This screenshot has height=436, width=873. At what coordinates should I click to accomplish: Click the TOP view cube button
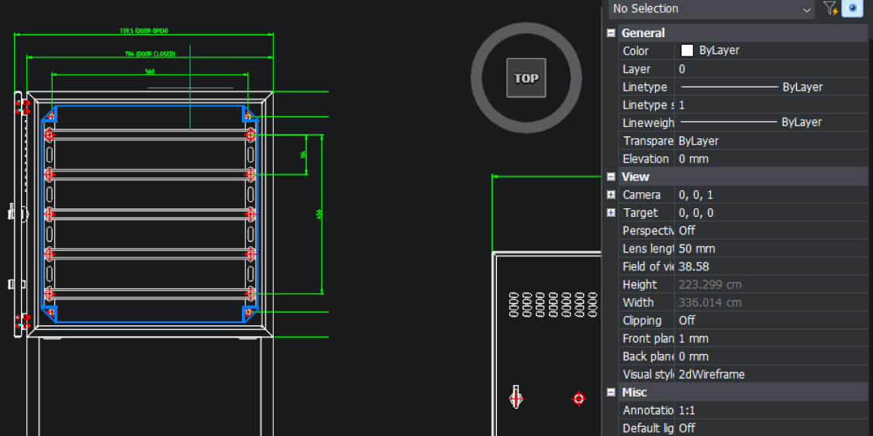(526, 78)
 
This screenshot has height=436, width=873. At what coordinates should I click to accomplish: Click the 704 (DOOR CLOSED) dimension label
(150, 53)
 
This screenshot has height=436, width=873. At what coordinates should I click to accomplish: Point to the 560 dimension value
(150, 71)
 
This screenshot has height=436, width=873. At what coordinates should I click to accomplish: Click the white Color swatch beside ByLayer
(687, 50)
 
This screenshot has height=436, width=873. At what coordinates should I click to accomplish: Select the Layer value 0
(682, 69)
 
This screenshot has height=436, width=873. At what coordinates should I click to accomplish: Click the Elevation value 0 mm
(693, 159)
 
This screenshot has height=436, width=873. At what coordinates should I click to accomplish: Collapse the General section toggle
(611, 33)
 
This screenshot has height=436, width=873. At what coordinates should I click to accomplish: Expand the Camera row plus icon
(611, 195)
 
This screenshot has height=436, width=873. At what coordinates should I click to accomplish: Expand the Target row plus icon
(611, 213)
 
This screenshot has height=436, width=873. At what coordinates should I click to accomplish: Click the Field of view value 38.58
(695, 266)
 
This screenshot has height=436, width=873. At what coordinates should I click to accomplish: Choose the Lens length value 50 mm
(696, 249)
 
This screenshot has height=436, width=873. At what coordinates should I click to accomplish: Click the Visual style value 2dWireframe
(711, 374)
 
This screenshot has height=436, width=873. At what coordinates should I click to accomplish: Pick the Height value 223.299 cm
(709, 284)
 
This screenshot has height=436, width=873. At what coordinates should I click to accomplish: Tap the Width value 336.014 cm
(709, 303)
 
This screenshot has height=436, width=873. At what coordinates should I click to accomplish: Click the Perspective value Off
(687, 231)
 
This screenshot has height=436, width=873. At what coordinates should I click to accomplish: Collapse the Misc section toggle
(611, 393)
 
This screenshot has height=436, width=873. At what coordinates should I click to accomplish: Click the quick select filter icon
(830, 9)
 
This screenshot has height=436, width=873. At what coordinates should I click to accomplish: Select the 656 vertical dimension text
(319, 214)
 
